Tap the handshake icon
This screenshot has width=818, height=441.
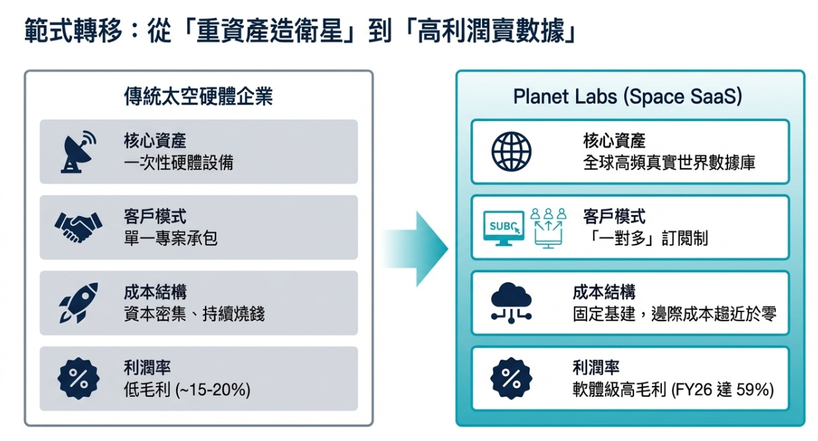(x=78, y=227)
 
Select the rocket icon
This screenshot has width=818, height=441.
(x=78, y=302)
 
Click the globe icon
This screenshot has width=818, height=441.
(x=511, y=151)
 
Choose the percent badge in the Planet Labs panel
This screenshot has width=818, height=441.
(x=511, y=378)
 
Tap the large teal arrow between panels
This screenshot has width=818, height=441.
(x=417, y=249)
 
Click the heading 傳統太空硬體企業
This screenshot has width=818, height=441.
(x=198, y=97)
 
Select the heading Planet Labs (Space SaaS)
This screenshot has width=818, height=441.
(x=628, y=97)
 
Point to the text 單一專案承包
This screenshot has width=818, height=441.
(x=171, y=238)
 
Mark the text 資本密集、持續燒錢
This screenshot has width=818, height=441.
(x=194, y=314)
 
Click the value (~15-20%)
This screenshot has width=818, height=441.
(x=213, y=390)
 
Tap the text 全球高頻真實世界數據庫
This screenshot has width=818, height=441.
(x=669, y=163)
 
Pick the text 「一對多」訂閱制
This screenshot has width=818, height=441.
(x=645, y=238)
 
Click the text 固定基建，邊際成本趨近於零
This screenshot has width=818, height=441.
(x=674, y=314)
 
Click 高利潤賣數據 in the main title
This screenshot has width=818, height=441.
(x=495, y=32)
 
